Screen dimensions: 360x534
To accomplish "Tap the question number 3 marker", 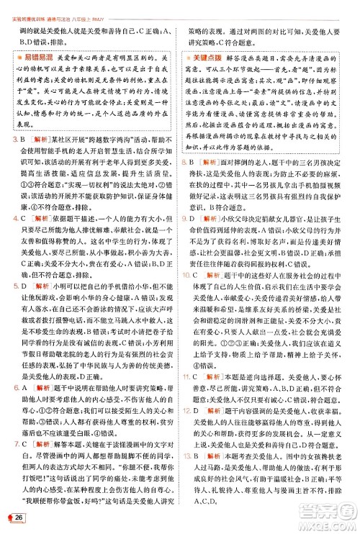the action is click(x=15, y=119).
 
